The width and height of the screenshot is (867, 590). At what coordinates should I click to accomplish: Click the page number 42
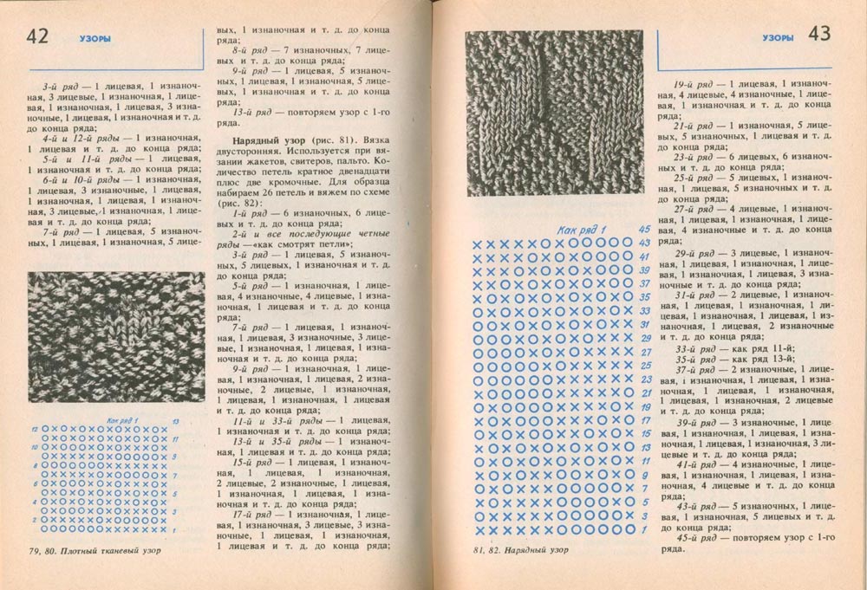41,37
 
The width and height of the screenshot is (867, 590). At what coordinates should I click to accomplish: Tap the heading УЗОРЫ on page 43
779,37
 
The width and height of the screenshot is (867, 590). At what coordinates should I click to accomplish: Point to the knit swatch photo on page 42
116,334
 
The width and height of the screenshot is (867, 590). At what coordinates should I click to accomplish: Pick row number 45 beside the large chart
643,230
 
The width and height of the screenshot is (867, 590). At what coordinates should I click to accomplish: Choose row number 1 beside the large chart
644,529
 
